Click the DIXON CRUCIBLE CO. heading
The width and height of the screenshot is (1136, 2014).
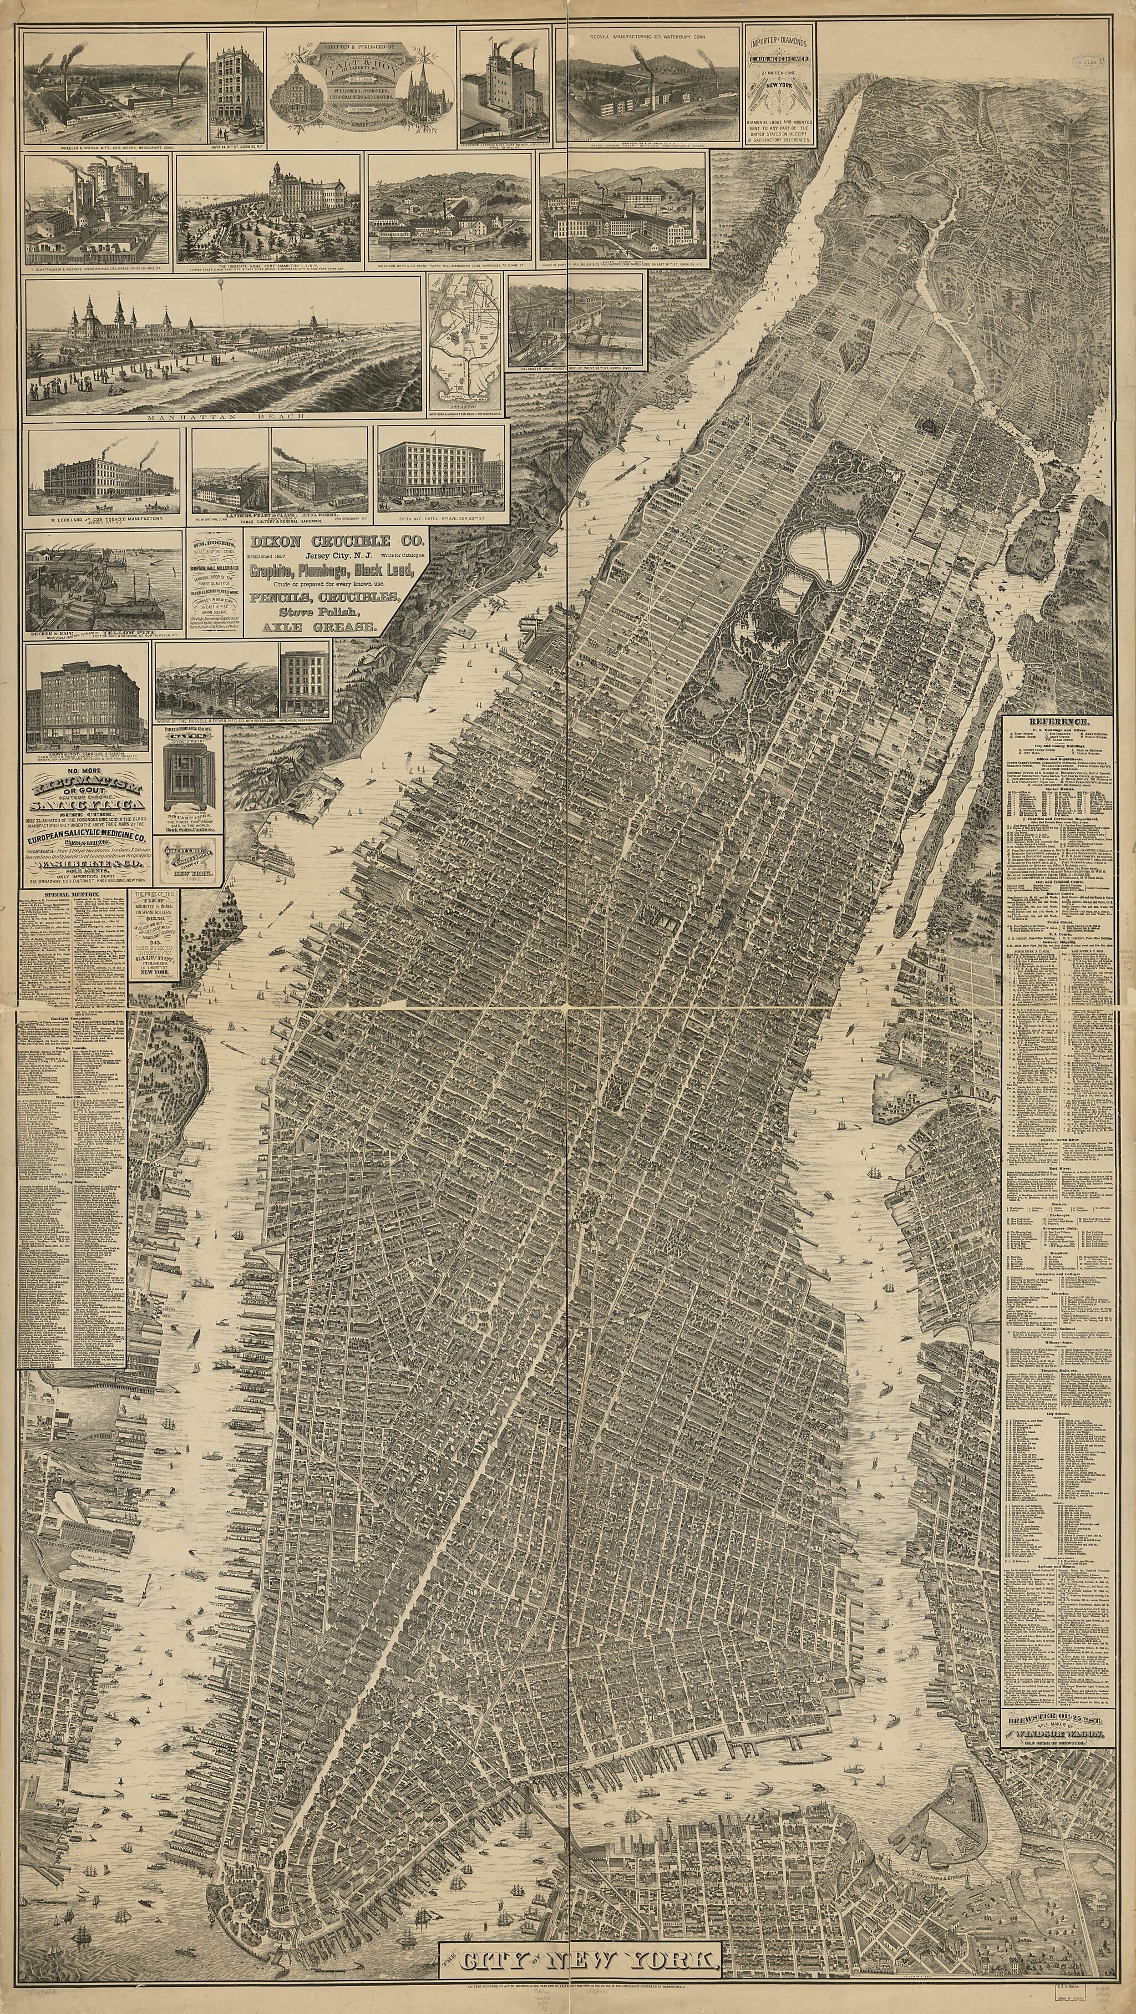pyautogui.click(x=336, y=540)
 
